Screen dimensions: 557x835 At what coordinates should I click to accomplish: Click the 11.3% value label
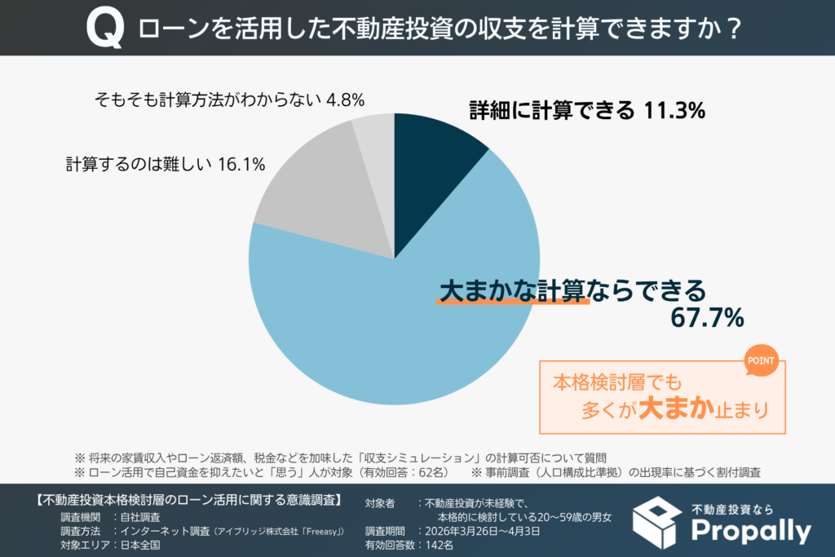(673, 111)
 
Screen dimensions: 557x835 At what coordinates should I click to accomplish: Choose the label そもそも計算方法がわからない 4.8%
(229, 99)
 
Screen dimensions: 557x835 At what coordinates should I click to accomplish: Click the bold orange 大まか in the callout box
(676, 408)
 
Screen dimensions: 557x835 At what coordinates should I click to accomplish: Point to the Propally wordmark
(750, 531)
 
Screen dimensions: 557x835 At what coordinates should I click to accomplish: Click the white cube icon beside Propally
(656, 522)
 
